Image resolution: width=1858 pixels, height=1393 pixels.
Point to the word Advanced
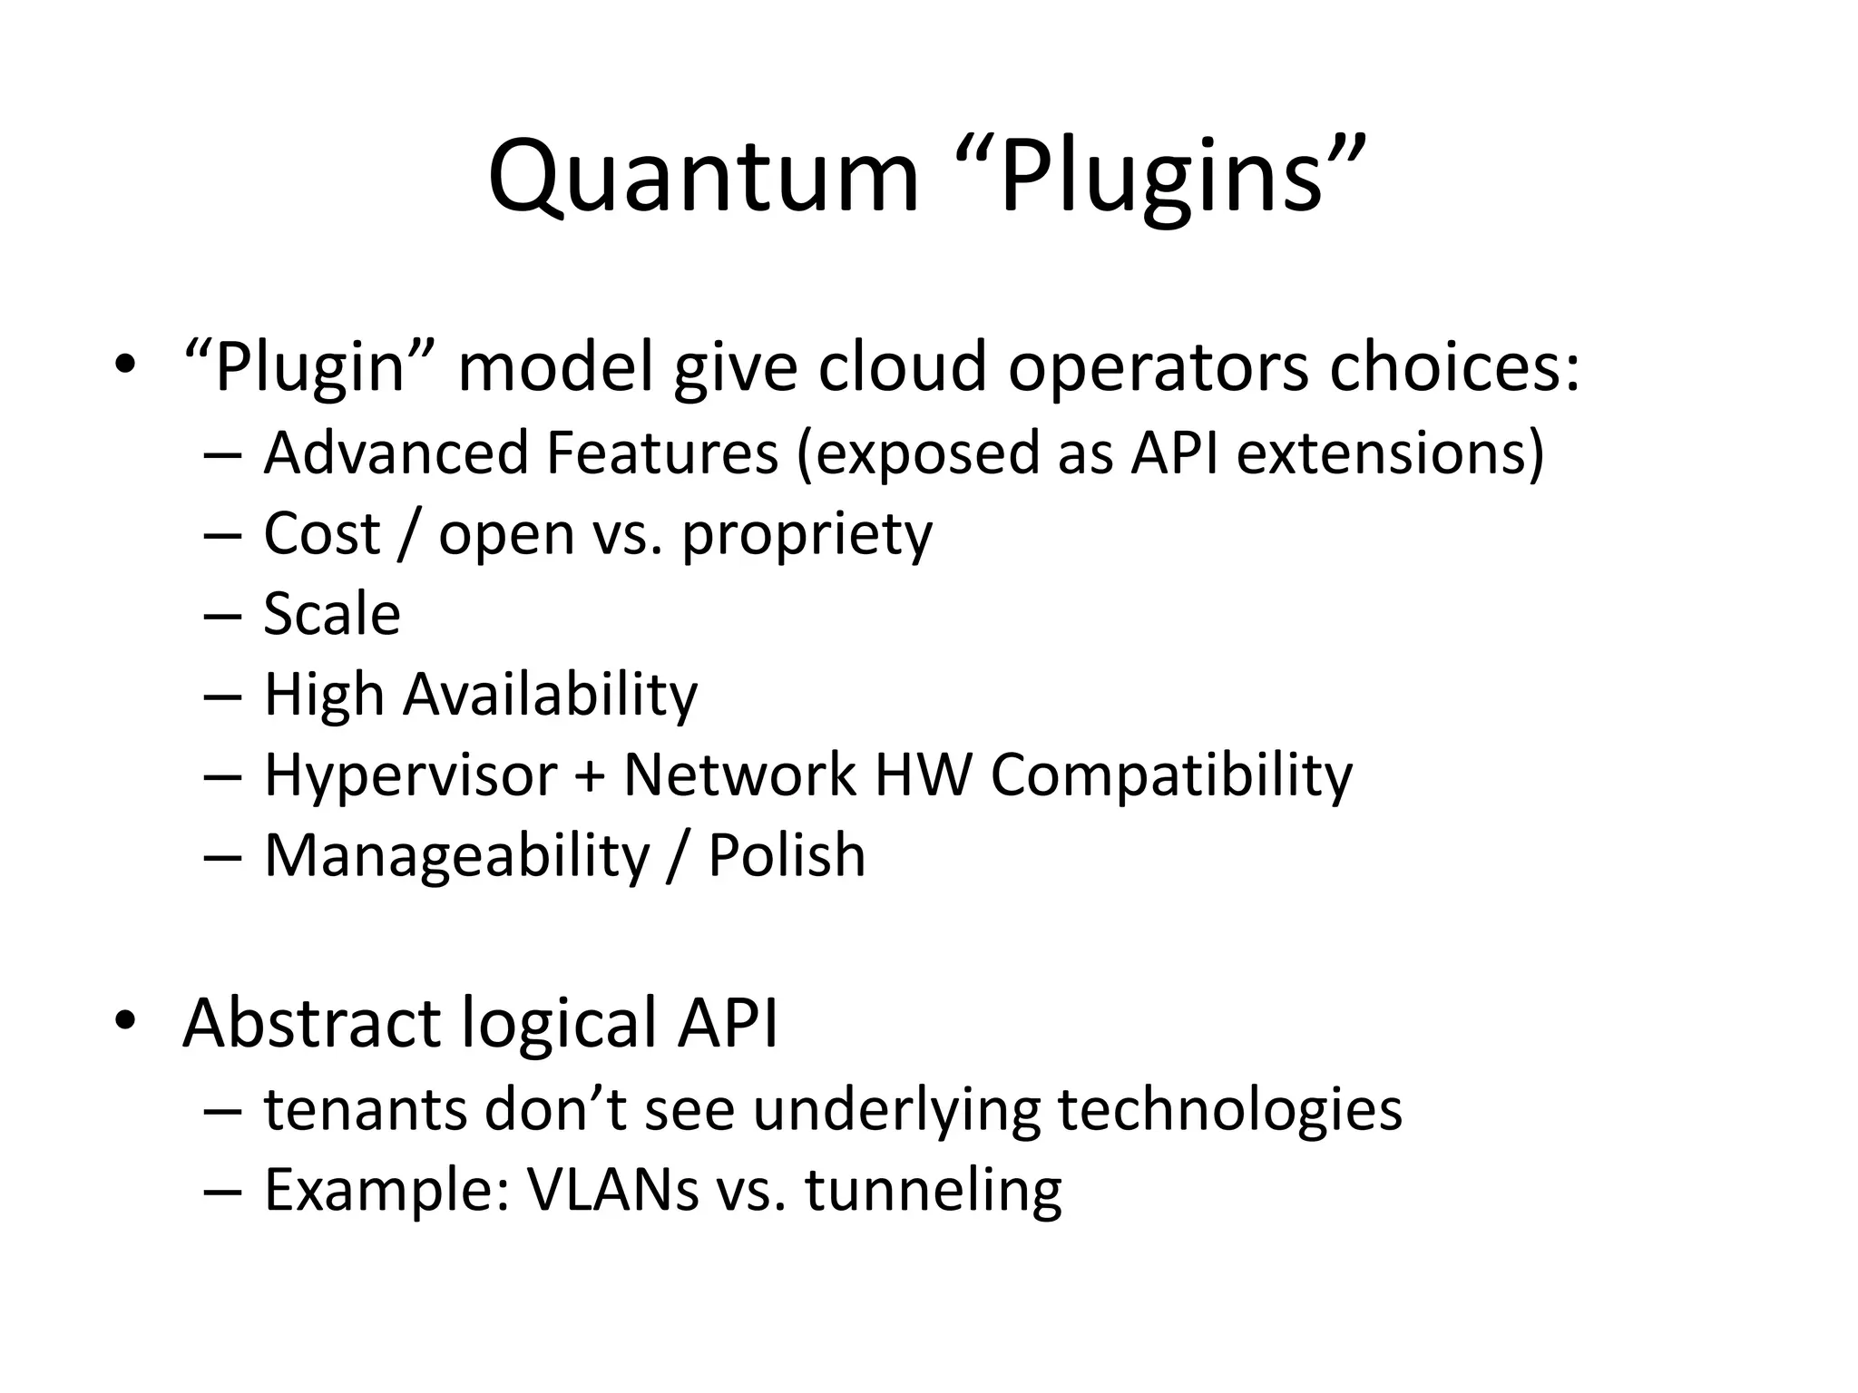[396, 453]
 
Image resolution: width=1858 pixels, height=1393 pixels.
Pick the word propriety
[807, 534]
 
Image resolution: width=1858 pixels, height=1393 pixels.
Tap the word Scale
[332, 614]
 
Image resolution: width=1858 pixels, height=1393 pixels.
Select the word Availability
[550, 695]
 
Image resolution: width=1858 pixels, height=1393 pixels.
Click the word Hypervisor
[410, 776]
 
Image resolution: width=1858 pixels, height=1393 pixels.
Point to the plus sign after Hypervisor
[590, 776]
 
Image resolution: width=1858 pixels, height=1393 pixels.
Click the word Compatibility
[1171, 776]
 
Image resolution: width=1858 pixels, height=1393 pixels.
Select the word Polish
[787, 855]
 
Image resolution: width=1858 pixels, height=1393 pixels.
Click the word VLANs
[613, 1190]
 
